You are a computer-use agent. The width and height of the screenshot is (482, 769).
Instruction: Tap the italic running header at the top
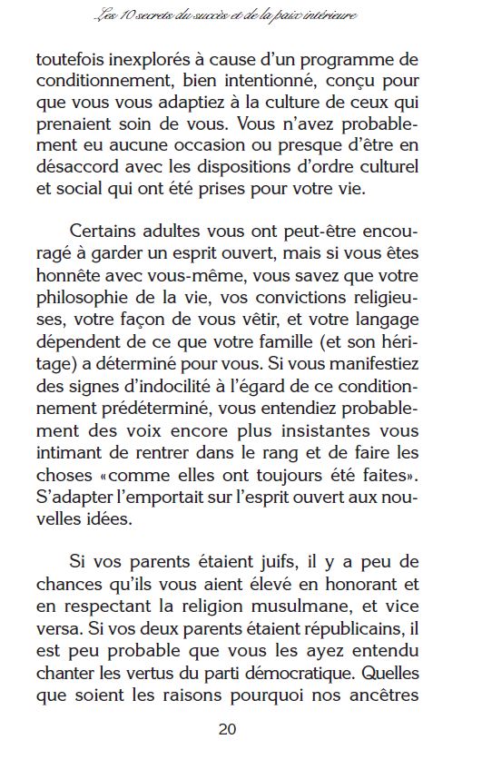click(x=241, y=15)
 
